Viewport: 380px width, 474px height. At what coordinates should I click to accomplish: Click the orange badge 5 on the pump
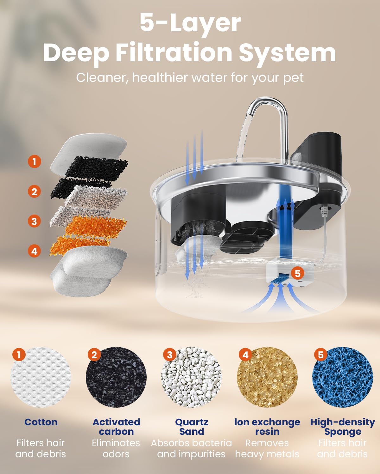coord(297,273)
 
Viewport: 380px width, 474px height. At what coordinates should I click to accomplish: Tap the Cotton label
coord(41,422)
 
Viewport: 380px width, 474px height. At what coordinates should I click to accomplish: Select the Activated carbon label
coord(116,427)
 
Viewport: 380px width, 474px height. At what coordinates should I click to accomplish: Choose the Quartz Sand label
coord(192,427)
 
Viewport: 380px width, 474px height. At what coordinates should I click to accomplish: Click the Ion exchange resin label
coord(267,427)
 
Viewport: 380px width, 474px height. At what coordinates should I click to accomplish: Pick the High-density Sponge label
coord(342,427)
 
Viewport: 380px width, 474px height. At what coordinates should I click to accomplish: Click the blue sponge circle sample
coord(342,377)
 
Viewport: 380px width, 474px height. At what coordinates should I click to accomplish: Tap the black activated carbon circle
coord(116,377)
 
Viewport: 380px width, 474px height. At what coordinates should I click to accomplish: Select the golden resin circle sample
coord(267,377)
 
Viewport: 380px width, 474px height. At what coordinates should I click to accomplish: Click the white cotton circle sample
coord(41,377)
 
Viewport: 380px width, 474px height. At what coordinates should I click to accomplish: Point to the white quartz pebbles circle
coord(192,377)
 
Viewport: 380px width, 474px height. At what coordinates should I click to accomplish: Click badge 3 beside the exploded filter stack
coord(34,221)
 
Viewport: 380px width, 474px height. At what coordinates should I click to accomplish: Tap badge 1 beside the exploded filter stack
coord(34,161)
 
